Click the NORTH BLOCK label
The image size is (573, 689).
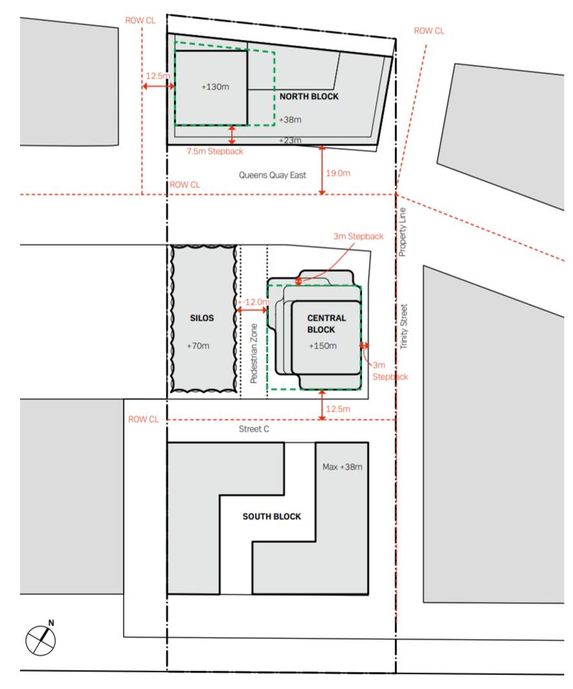pos(309,96)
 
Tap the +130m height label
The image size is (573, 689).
pos(215,86)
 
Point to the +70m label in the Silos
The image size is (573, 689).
pos(198,346)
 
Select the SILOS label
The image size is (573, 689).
pos(202,318)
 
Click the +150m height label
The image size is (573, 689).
pos(323,346)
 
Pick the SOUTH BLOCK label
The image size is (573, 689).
pos(272,516)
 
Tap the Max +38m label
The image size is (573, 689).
pos(343,467)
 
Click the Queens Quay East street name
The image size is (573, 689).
pos(272,175)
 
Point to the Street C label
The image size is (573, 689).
pos(254,429)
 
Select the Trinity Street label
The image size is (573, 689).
pos(404,327)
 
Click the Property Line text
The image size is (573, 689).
pos(402,232)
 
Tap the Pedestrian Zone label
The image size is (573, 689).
pos(254,354)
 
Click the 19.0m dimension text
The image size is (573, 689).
pos(338,173)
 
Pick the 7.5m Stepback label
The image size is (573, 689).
pos(215,151)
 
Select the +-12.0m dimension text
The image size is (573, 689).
pos(254,302)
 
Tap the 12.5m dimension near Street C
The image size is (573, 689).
pos(338,409)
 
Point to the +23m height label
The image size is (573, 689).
pos(290,140)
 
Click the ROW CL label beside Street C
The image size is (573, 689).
pos(144,419)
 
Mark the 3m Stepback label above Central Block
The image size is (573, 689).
pos(359,237)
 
